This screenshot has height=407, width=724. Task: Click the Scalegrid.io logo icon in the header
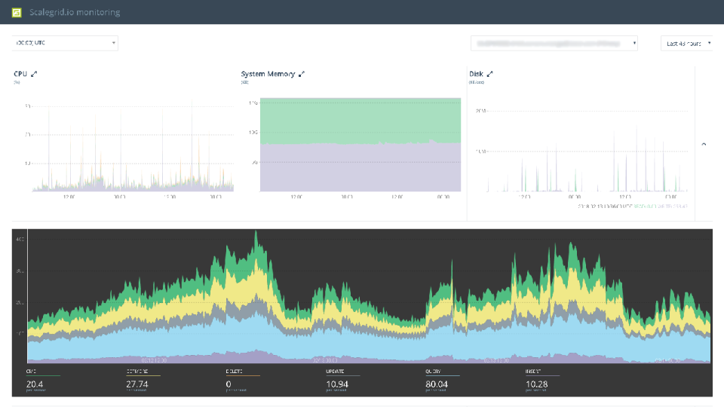(x=16, y=12)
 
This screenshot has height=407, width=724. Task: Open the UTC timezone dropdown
(x=65, y=43)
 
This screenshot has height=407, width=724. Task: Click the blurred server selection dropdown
(x=554, y=44)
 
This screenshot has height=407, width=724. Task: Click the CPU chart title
(x=20, y=74)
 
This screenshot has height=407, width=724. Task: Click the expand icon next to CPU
(x=34, y=74)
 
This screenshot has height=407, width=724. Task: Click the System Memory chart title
(x=268, y=74)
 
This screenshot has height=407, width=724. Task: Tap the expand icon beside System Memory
(x=302, y=74)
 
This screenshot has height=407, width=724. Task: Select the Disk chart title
(x=476, y=74)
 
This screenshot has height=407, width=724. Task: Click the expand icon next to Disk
(x=489, y=74)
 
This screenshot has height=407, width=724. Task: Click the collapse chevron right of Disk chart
(x=704, y=143)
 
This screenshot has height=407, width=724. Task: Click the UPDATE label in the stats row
(x=335, y=372)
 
